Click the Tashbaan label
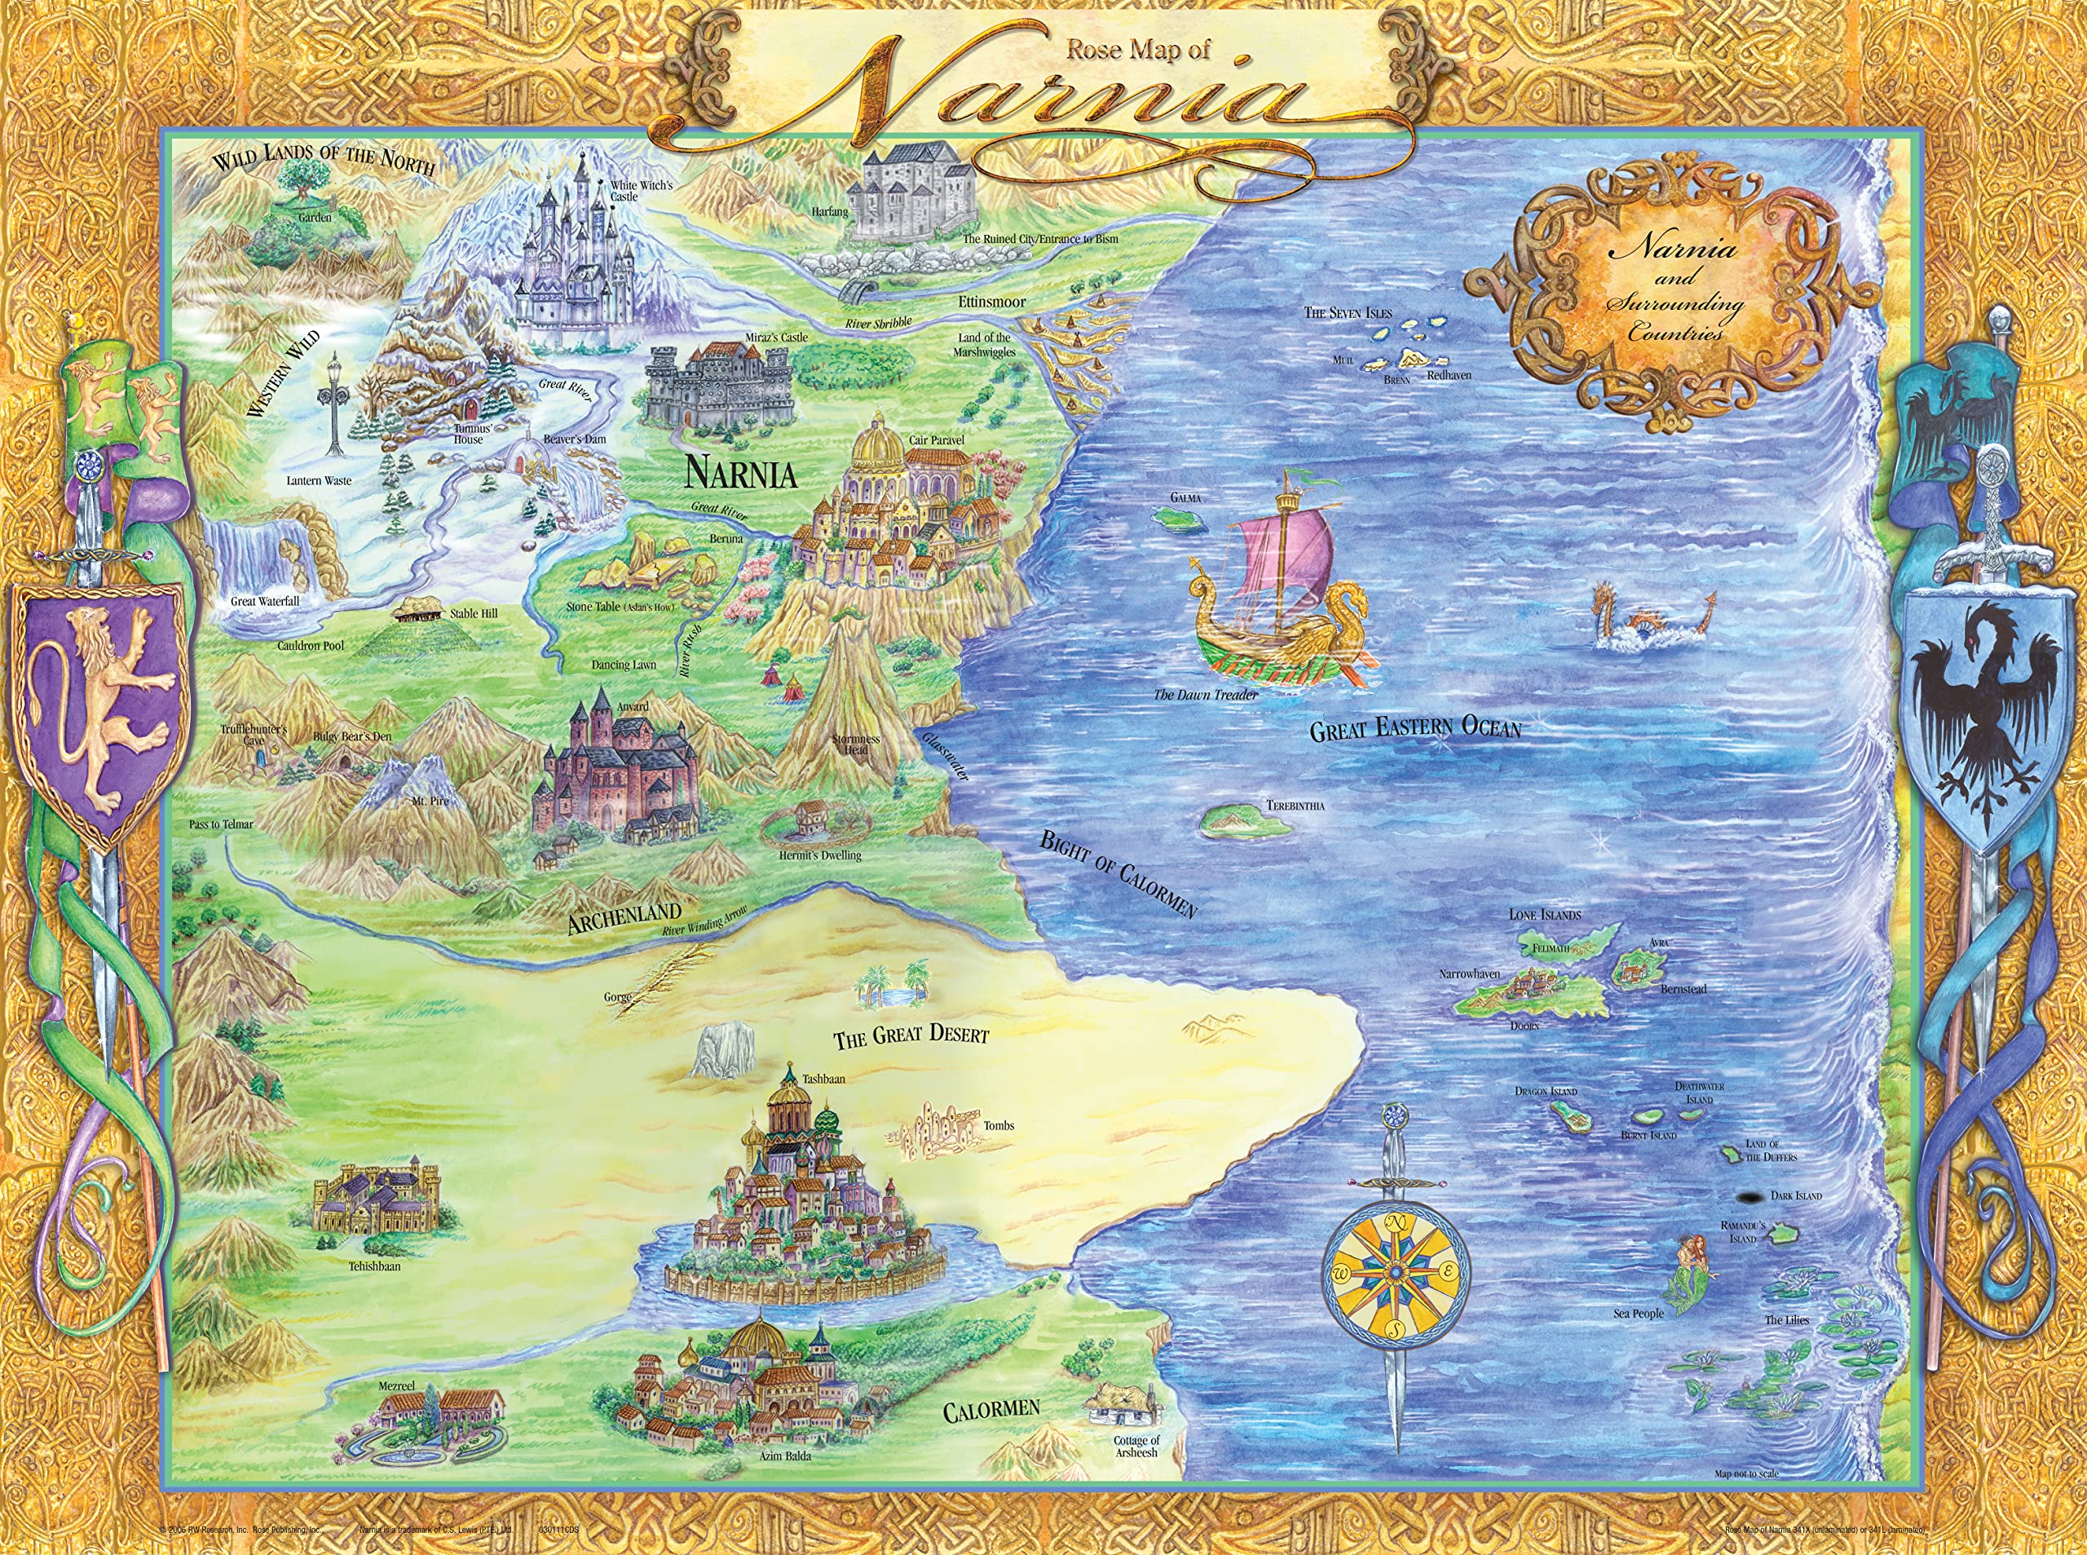(823, 1079)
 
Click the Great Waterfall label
(265, 600)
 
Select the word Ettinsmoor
(992, 303)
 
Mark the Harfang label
(829, 212)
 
